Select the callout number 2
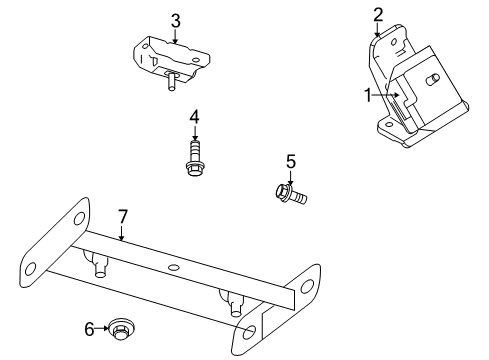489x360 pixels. [x=378, y=13]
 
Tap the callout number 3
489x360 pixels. [x=175, y=20]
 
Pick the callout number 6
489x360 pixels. [x=88, y=327]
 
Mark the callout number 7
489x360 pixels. [x=122, y=215]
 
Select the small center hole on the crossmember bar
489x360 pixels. [x=174, y=268]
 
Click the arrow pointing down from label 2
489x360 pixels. [x=378, y=29]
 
